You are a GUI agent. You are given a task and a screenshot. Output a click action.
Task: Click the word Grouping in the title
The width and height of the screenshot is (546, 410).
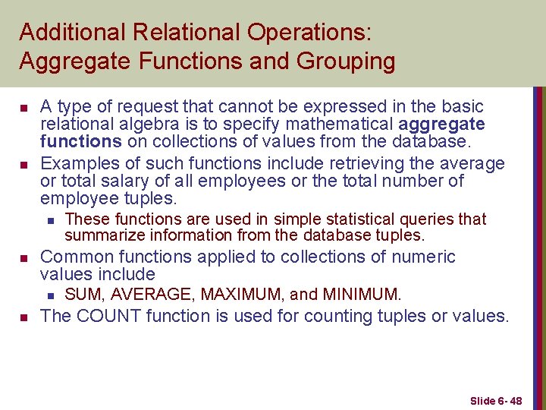(x=348, y=61)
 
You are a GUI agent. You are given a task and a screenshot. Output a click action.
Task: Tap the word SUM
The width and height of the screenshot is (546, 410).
(x=81, y=294)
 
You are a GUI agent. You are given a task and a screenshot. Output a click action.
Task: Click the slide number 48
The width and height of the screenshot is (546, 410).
(x=515, y=400)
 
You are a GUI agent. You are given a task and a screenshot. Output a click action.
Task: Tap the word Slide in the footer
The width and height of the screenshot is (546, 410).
(x=482, y=400)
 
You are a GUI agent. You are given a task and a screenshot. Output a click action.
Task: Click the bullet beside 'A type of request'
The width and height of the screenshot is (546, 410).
(x=26, y=107)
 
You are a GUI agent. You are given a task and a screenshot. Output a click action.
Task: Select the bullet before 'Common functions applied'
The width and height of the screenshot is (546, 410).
(x=26, y=258)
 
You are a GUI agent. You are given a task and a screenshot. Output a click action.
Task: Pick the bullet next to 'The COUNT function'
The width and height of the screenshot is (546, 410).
(x=26, y=317)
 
